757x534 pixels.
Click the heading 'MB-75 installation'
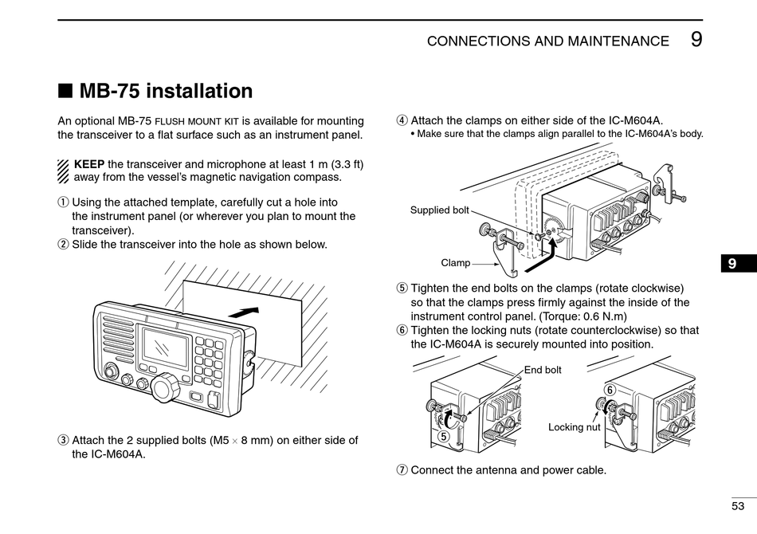pyautogui.click(x=166, y=91)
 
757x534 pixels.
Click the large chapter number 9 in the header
pyautogui.click(x=696, y=40)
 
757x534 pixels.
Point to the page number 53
pyautogui.click(x=738, y=505)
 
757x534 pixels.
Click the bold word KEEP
pyautogui.click(x=88, y=164)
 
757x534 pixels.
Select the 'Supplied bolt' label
pyautogui.click(x=439, y=210)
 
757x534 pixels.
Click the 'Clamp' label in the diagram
pyautogui.click(x=455, y=262)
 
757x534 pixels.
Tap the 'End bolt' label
pyautogui.click(x=543, y=370)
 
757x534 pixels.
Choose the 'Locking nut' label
pyautogui.click(x=574, y=427)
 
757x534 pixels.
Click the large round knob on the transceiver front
pyautogui.click(x=164, y=387)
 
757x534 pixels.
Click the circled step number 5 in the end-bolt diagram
pyautogui.click(x=443, y=436)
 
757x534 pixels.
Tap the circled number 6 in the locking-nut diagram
pyautogui.click(x=610, y=389)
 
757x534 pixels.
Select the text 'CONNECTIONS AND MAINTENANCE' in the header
pyautogui.click(x=547, y=41)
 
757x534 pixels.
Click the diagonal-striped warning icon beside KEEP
pyautogui.click(x=64, y=171)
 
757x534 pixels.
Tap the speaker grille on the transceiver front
pyautogui.click(x=117, y=334)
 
